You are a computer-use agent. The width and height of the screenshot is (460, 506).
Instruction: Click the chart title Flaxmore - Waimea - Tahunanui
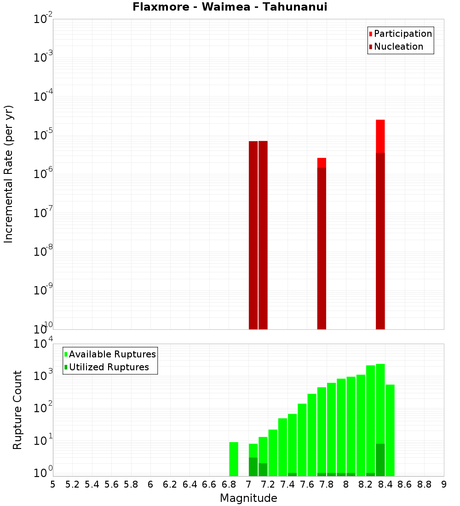click(x=230, y=7)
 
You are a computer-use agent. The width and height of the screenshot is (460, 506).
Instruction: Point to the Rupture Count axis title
click(x=17, y=410)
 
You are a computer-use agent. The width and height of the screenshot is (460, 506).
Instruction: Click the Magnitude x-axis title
click(x=248, y=498)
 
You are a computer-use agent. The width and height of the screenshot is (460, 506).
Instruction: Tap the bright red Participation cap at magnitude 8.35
click(x=380, y=136)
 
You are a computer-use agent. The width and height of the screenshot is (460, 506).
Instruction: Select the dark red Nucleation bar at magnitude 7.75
click(x=322, y=248)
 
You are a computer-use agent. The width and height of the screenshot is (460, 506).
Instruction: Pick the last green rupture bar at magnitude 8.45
click(x=390, y=430)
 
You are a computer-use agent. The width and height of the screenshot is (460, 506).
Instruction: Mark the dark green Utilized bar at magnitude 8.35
click(x=380, y=460)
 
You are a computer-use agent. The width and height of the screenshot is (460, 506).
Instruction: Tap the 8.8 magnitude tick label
click(x=424, y=484)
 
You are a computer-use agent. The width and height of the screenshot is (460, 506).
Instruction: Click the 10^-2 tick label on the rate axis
click(x=43, y=19)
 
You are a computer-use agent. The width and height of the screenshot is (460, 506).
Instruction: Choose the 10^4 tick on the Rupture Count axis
click(x=43, y=345)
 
